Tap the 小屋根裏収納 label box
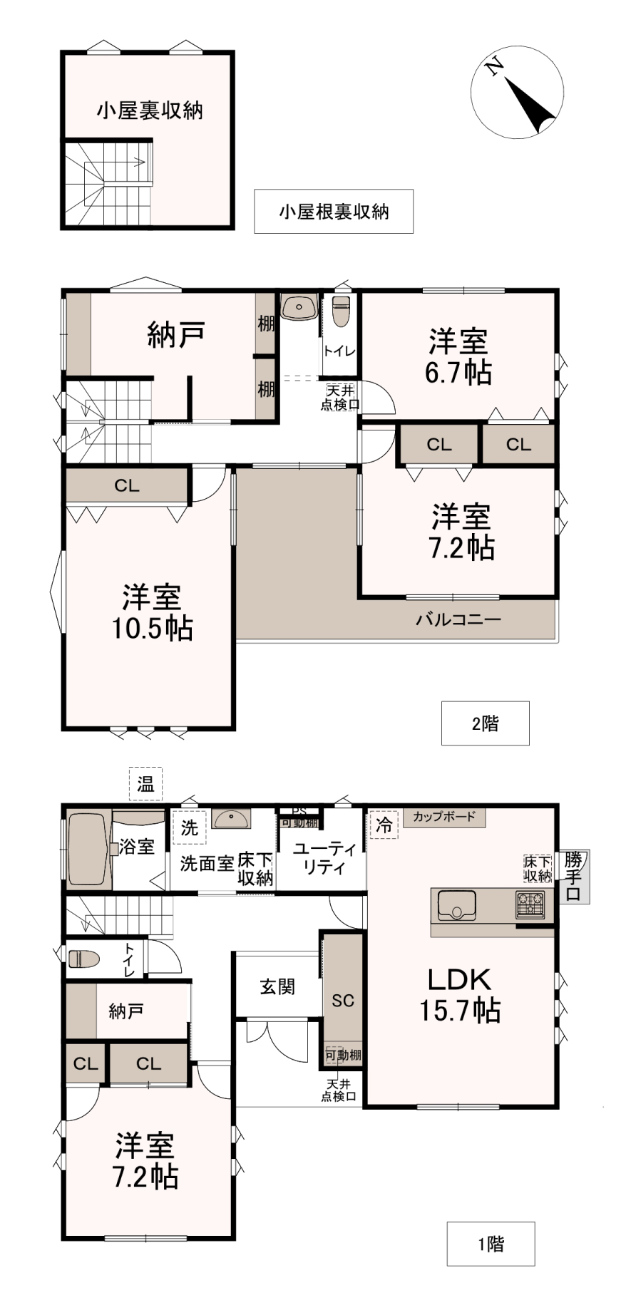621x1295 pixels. click(x=334, y=211)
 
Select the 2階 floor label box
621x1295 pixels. click(x=485, y=723)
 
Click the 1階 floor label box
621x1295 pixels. click(x=491, y=1244)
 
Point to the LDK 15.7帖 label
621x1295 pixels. click(x=460, y=995)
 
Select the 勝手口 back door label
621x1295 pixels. click(x=573, y=876)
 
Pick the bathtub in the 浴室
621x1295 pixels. click(x=88, y=849)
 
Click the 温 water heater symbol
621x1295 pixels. click(x=145, y=785)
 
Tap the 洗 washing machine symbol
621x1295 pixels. click(x=189, y=827)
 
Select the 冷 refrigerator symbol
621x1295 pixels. click(x=384, y=826)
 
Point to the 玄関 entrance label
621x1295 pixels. click(x=277, y=987)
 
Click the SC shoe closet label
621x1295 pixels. click(x=343, y=1001)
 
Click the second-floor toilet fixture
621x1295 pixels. click(x=341, y=311)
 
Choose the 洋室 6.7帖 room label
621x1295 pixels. click(x=458, y=356)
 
